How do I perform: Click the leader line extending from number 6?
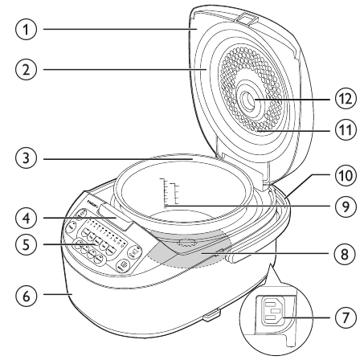[x=57, y=295]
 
